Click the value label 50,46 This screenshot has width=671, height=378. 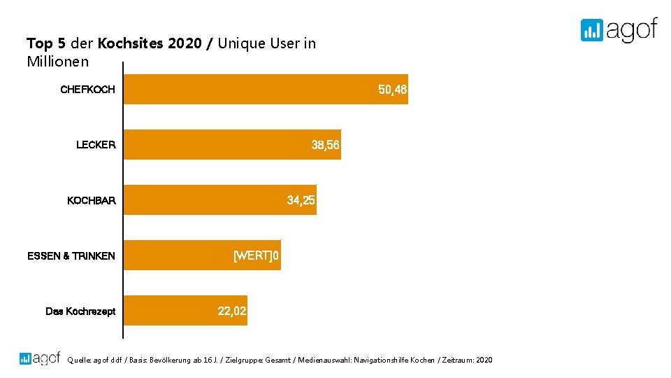click(x=392, y=90)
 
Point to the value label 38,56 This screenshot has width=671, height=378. click(x=325, y=145)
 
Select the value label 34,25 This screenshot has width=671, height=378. click(x=301, y=200)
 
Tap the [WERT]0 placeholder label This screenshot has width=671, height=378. click(x=256, y=255)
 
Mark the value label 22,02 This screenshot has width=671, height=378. click(x=232, y=311)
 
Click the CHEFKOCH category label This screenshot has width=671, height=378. click(x=88, y=90)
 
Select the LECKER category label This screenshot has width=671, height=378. click(x=96, y=145)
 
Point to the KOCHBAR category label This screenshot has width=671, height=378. click(x=92, y=200)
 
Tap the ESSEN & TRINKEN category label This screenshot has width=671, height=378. click(x=71, y=255)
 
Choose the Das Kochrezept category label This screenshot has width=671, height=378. click(x=80, y=311)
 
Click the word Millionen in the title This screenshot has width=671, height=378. click(x=57, y=62)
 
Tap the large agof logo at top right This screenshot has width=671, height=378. click(x=619, y=29)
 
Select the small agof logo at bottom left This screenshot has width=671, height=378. click(x=40, y=358)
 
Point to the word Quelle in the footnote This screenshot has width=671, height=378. click(x=78, y=360)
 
